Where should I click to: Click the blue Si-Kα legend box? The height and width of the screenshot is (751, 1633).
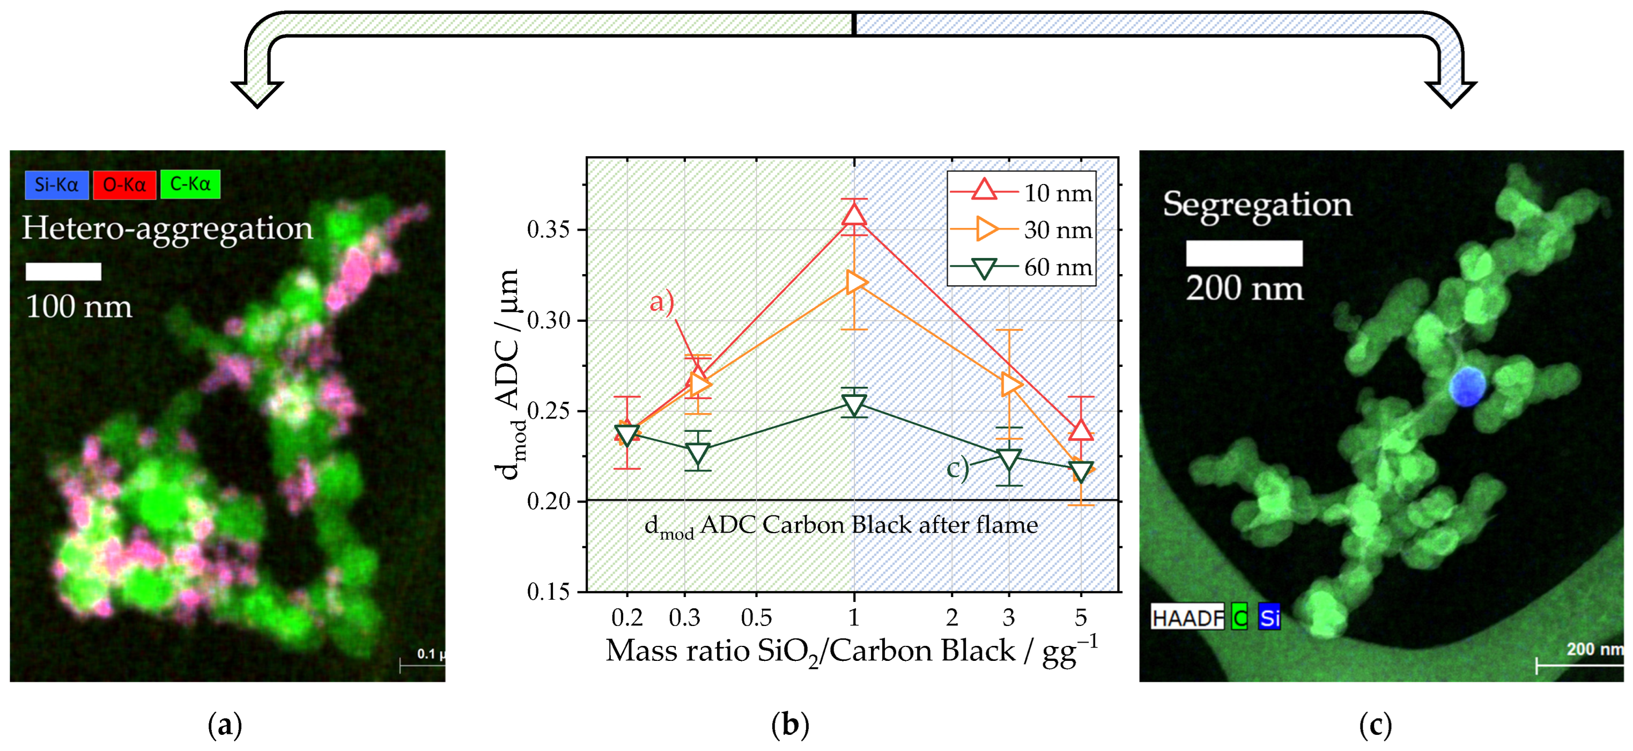point(56,185)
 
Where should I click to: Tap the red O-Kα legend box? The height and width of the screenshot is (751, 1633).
point(124,185)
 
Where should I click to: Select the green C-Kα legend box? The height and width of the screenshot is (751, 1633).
point(190,184)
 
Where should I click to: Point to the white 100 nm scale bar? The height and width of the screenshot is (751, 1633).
point(63,271)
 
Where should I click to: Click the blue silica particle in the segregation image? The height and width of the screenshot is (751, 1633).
point(1466,386)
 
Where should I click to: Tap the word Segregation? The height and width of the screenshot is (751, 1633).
point(1257,204)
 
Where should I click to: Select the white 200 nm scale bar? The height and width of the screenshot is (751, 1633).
point(1244,253)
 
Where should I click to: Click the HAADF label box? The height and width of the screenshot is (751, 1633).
point(1187,617)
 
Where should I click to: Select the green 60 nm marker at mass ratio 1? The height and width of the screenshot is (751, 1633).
point(854,404)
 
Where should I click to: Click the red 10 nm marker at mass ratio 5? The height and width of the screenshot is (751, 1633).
point(1081,430)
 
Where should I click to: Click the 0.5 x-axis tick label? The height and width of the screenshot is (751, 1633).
point(756,617)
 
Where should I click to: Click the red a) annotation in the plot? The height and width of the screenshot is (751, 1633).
point(661,301)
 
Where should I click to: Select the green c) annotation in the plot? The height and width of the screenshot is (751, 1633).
point(957,468)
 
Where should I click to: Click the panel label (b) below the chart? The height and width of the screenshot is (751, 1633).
point(790,725)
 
